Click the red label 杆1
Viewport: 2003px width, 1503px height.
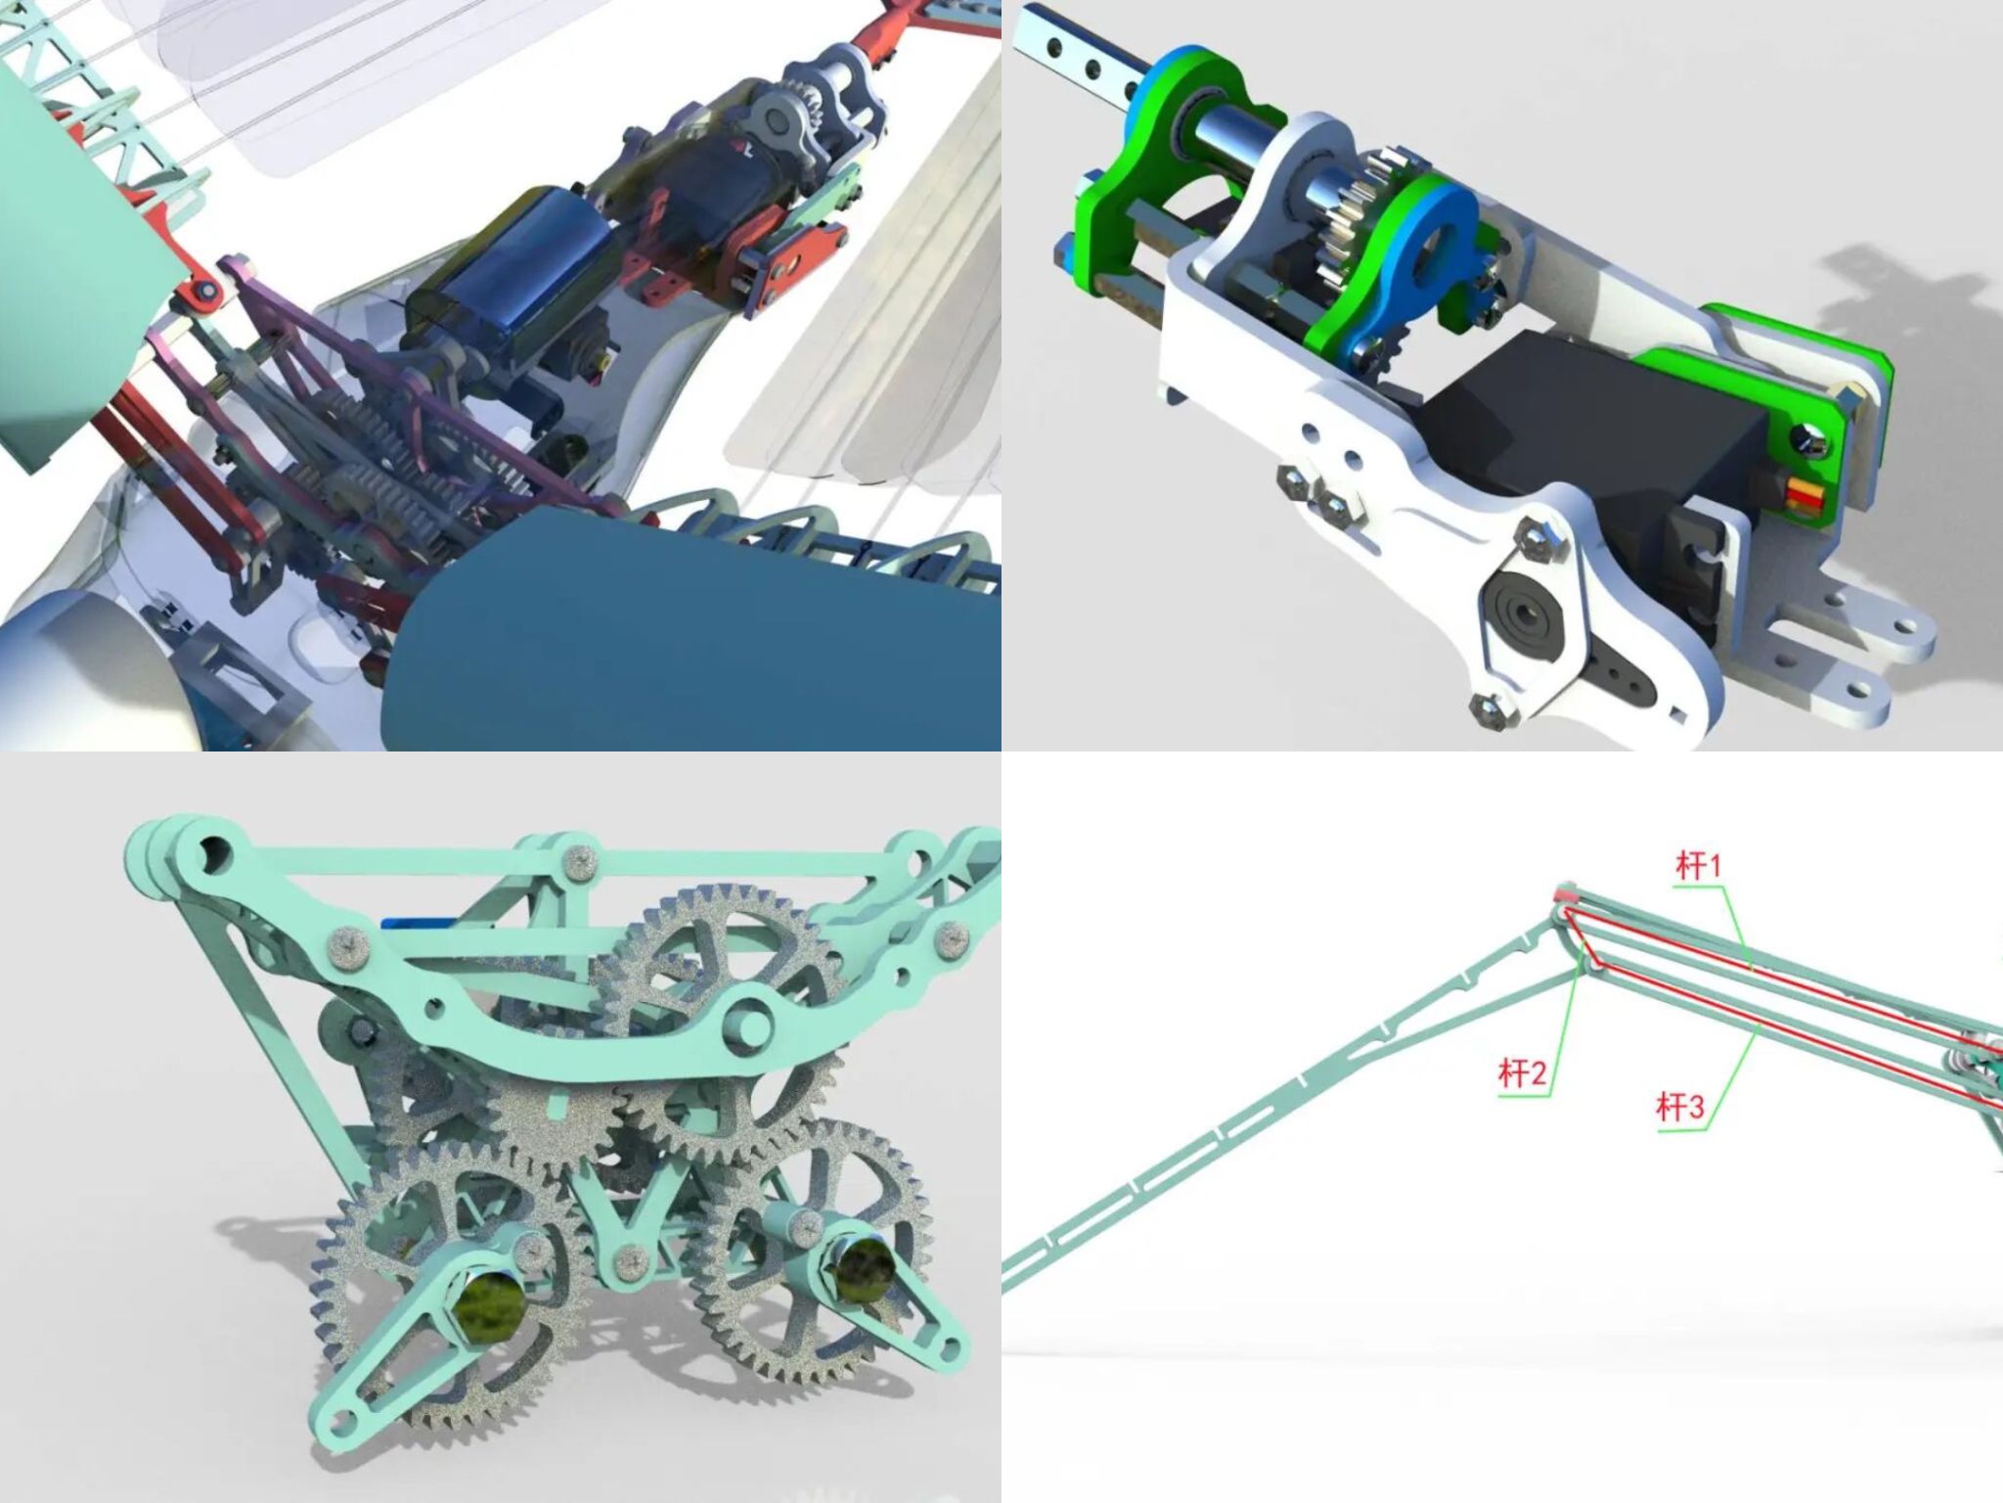pos(1698,865)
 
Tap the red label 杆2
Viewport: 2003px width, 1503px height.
pos(1524,1074)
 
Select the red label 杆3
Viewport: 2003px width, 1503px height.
pos(1680,1107)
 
